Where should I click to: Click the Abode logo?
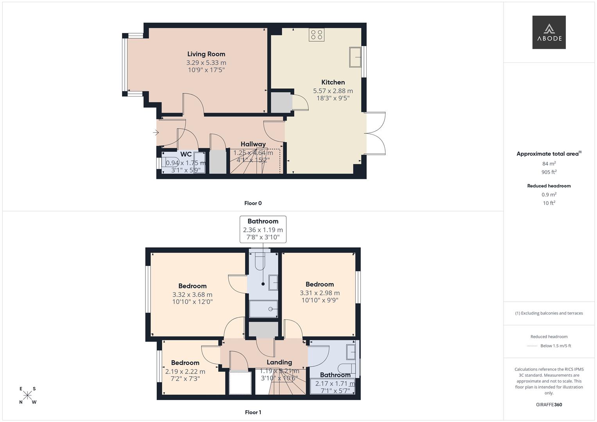click(549, 32)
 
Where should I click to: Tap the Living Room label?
click(206, 54)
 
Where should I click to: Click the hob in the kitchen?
click(316, 35)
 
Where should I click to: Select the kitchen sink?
click(355, 57)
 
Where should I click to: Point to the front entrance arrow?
click(156, 133)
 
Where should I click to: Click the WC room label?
click(186, 154)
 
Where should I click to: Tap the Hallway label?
click(253, 144)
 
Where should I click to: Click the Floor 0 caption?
click(253, 203)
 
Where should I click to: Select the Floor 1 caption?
click(253, 412)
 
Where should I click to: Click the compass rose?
click(27, 395)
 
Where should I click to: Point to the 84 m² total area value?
click(549, 164)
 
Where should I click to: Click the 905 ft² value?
click(549, 172)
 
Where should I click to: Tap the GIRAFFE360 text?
click(549, 405)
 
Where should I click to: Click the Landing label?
click(279, 362)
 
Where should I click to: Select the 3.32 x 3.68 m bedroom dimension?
click(192, 295)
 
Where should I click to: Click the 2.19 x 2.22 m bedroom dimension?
click(185, 372)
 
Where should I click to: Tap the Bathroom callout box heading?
click(263, 222)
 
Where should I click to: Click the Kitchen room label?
click(333, 82)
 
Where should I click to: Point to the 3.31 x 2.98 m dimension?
click(320, 293)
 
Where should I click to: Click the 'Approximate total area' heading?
click(547, 154)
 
